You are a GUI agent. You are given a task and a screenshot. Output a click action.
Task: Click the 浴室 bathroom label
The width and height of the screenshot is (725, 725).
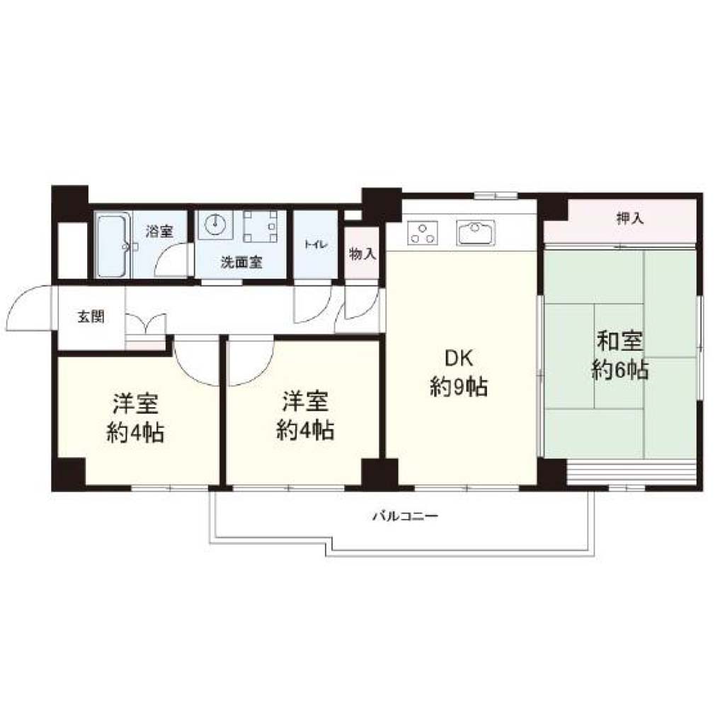(x=159, y=232)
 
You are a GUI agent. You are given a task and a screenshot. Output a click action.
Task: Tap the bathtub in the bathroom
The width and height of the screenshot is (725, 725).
(x=113, y=245)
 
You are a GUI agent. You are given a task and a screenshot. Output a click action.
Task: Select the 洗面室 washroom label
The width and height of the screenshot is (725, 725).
(x=241, y=263)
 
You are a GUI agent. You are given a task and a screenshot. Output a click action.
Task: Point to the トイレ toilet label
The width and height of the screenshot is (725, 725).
(x=316, y=244)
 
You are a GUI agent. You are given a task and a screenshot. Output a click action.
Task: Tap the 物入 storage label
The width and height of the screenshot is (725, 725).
(x=362, y=254)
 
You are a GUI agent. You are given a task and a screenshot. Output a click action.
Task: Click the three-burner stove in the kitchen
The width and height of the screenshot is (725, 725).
(x=422, y=233)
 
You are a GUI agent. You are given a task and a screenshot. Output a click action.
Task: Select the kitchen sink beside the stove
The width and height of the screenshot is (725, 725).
(x=475, y=232)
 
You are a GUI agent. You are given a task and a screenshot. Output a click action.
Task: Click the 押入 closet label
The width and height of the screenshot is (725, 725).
(x=629, y=218)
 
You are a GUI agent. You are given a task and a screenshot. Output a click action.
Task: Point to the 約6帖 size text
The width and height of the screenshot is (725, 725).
(x=620, y=370)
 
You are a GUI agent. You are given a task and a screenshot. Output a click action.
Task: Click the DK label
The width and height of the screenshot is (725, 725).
(x=458, y=358)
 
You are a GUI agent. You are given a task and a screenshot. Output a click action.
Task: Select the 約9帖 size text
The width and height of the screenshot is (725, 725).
(x=459, y=387)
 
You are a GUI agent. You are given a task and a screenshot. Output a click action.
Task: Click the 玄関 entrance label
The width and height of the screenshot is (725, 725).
(x=91, y=316)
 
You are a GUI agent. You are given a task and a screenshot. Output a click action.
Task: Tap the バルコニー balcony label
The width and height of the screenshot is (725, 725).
(x=405, y=515)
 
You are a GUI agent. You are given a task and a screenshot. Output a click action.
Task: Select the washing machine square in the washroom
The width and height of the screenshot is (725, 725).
(x=261, y=227)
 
